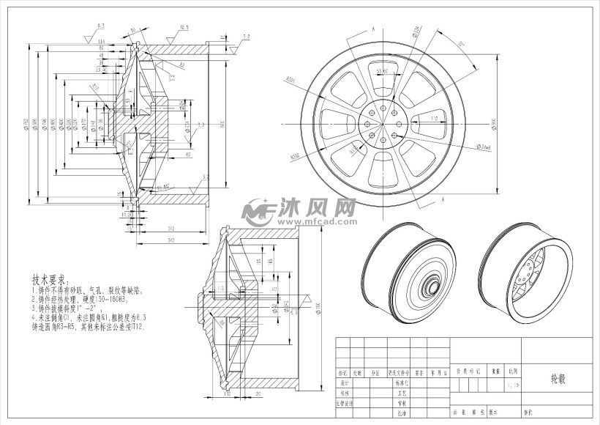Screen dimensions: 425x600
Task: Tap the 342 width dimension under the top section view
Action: [170, 240]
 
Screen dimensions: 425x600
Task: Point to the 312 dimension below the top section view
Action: [170, 228]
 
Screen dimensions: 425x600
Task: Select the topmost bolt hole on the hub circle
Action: [383, 104]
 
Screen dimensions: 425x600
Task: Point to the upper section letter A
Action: [373, 28]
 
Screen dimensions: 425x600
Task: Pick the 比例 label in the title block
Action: [514, 372]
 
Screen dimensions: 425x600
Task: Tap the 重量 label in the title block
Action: [495, 372]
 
